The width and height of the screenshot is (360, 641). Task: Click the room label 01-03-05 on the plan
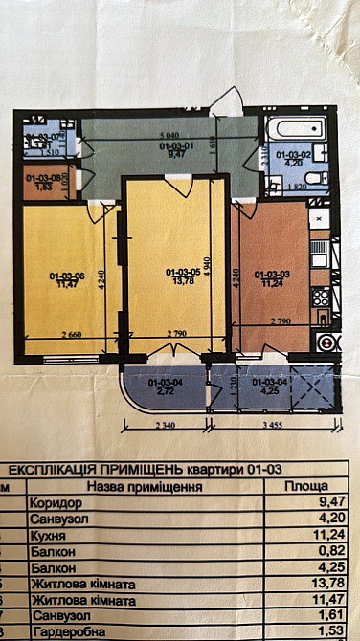(x=180, y=271)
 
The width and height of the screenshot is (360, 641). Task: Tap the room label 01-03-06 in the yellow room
(x=67, y=277)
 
